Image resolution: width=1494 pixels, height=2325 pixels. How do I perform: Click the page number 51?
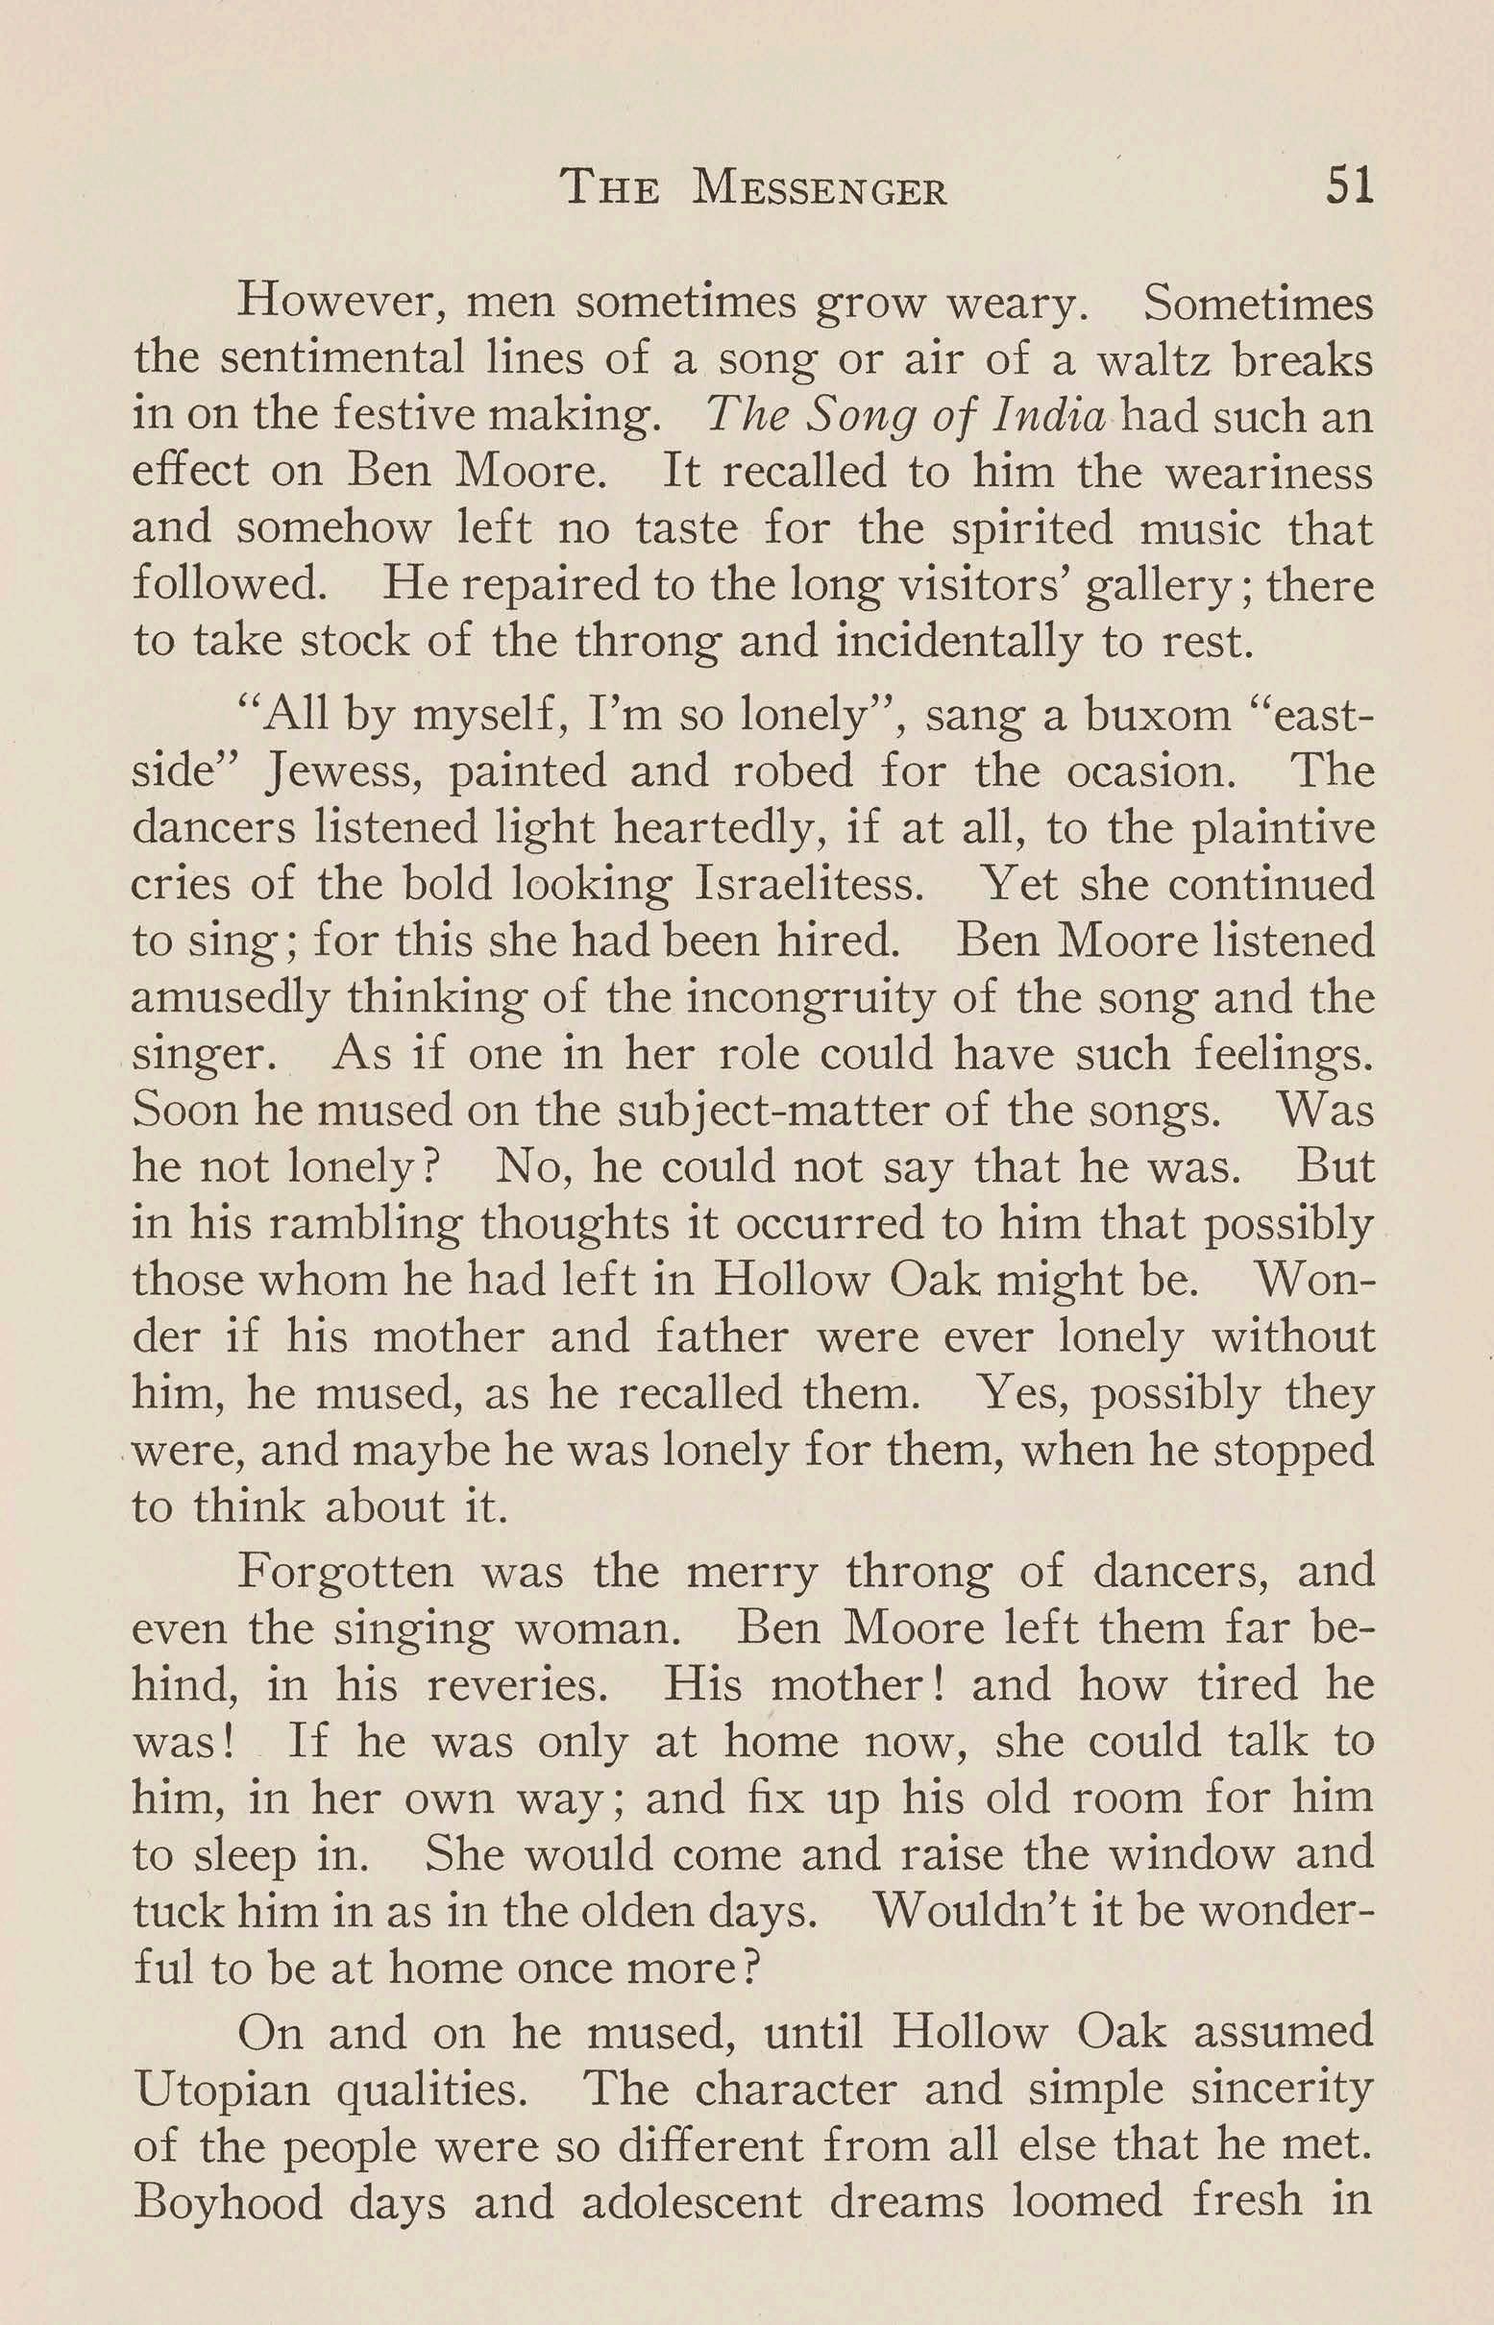click(x=1350, y=185)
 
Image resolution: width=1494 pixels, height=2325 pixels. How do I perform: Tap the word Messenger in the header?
click(x=820, y=189)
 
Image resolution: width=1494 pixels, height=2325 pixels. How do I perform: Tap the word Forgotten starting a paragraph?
click(x=345, y=1572)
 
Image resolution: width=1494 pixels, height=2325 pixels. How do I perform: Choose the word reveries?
click(x=519, y=1685)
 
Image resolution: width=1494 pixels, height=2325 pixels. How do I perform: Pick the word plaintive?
click(x=1281, y=830)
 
